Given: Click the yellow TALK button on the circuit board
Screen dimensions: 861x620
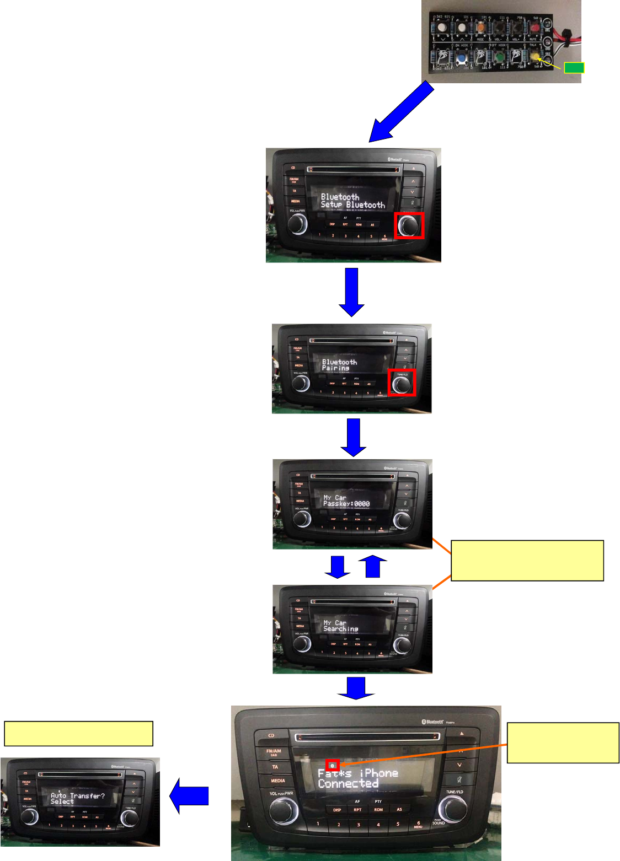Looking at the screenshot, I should (534, 56).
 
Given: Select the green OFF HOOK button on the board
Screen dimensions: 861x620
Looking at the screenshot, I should (499, 57).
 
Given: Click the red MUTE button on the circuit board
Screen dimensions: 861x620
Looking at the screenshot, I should (535, 26).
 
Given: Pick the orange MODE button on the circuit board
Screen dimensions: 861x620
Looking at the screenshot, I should (481, 26).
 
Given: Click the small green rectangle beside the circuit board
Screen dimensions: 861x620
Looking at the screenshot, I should (574, 68).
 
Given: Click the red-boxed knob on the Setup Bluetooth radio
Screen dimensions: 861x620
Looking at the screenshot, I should (409, 225).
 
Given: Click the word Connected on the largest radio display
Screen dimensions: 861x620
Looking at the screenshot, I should (348, 783).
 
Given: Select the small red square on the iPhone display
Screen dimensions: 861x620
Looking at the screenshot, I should (333, 765).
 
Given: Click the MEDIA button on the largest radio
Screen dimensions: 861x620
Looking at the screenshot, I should (277, 781).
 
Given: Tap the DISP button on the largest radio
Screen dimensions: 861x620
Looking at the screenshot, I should (336, 810).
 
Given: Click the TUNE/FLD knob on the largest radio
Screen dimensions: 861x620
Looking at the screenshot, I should (453, 809).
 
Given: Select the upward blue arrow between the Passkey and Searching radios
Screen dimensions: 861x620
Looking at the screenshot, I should (373, 566).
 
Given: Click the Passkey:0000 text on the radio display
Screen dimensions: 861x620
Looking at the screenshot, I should (346, 504).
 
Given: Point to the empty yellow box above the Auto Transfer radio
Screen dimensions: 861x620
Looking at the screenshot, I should (78, 733).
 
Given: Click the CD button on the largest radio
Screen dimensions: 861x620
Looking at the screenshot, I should (271, 735).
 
